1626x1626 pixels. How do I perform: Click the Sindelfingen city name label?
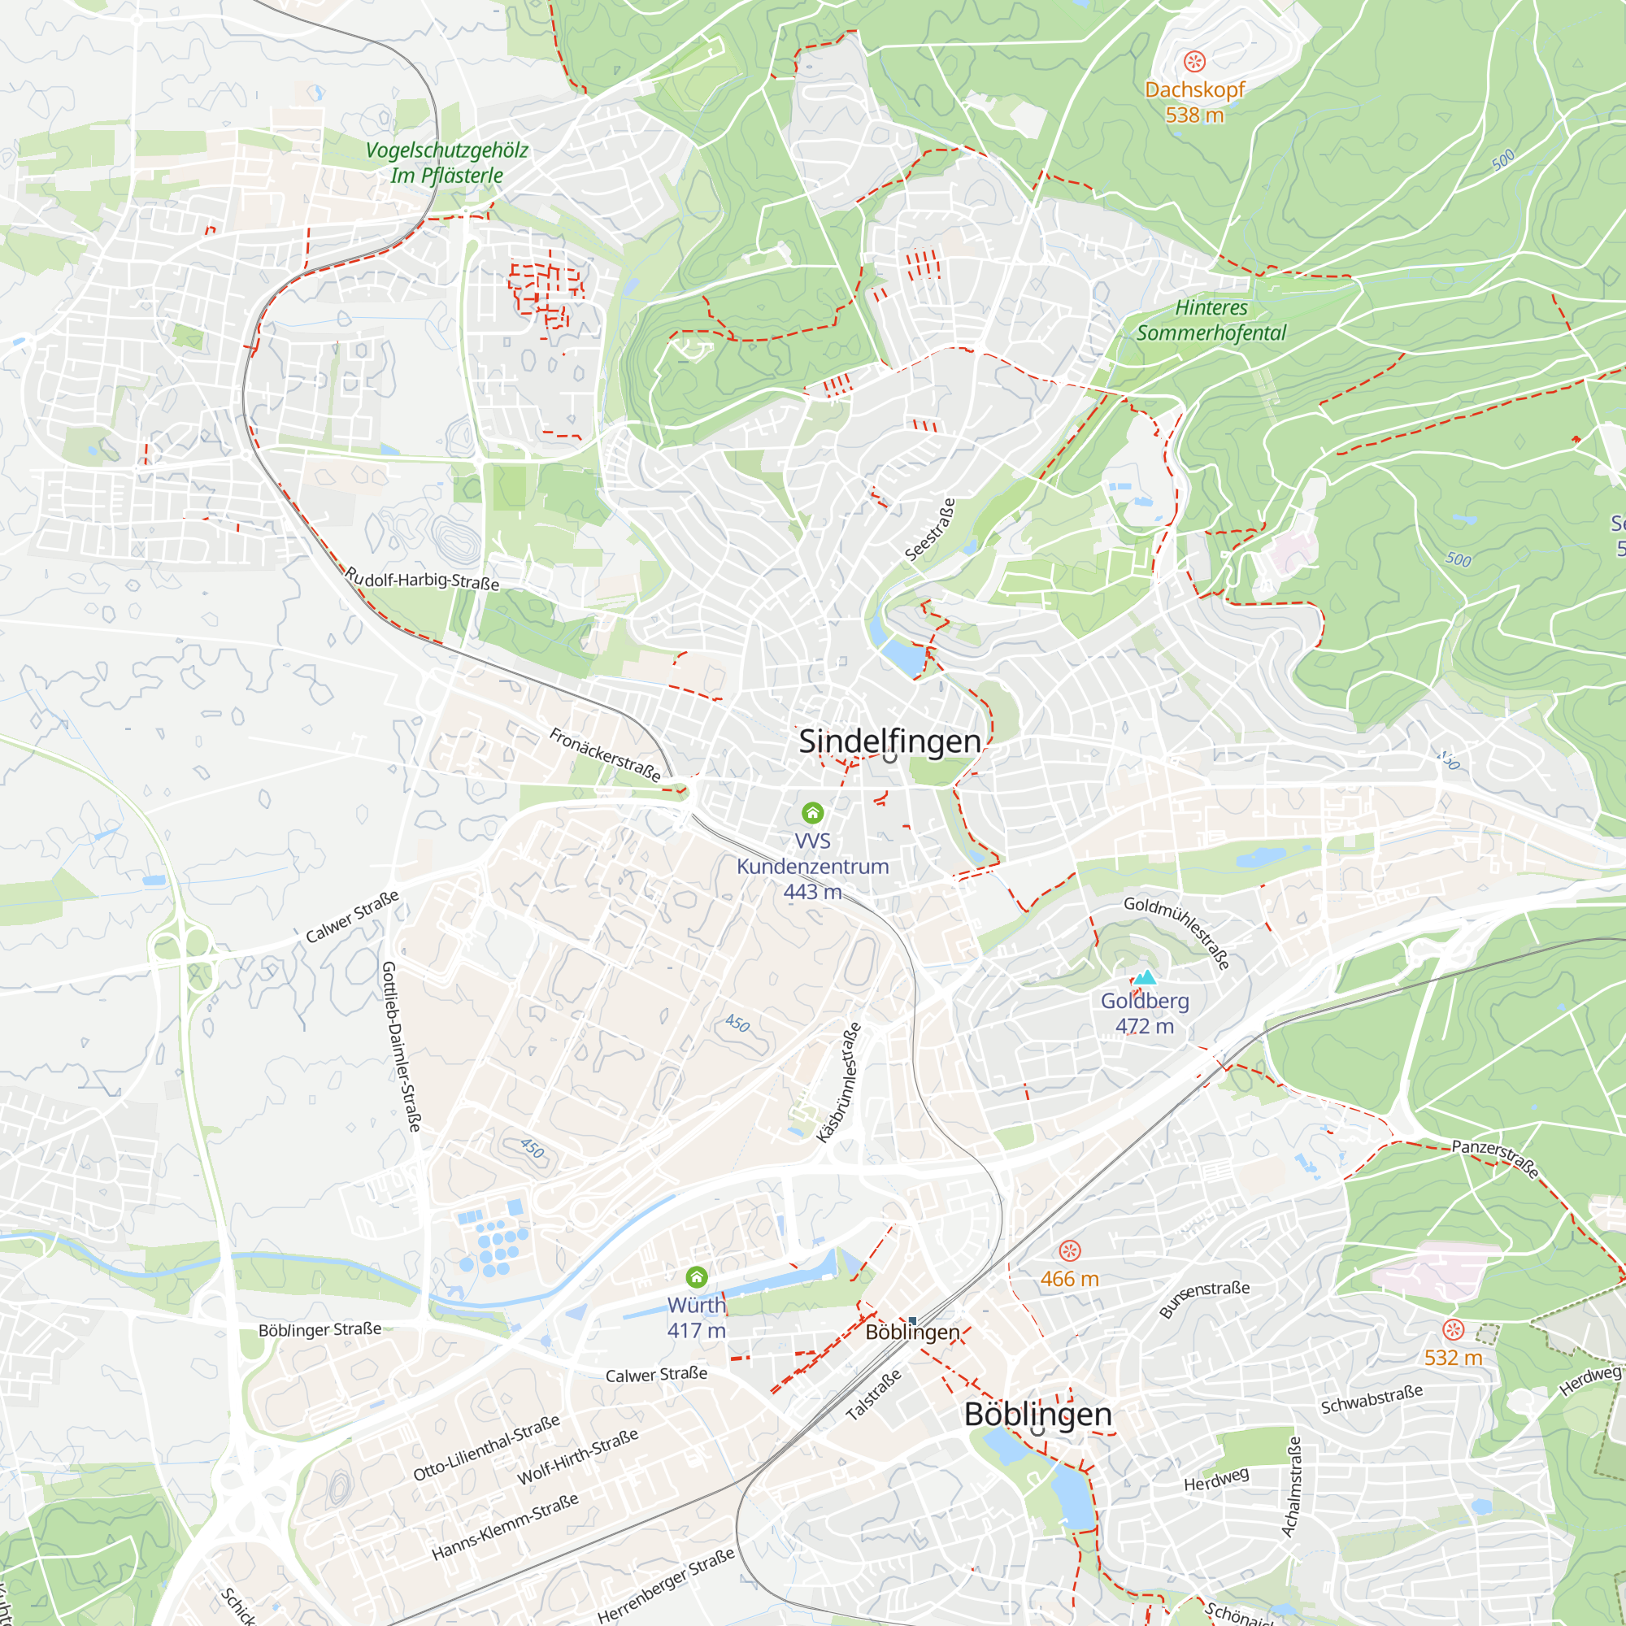click(889, 741)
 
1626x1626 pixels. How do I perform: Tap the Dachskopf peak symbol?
click(1194, 62)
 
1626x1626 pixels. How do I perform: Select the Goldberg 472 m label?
click(1145, 1013)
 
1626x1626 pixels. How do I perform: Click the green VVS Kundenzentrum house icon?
click(812, 812)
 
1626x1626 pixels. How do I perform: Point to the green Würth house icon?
click(696, 1277)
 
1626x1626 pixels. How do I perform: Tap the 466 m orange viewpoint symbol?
click(1069, 1250)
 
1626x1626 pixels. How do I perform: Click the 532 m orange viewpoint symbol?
click(1454, 1330)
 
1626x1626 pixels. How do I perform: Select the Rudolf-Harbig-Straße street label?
click(422, 579)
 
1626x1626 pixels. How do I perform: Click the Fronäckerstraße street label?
click(605, 755)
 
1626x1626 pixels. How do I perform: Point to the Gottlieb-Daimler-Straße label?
click(401, 1046)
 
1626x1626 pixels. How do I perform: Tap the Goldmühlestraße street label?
click(1177, 933)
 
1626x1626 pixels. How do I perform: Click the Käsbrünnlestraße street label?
click(839, 1082)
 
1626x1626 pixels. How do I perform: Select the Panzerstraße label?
click(1496, 1158)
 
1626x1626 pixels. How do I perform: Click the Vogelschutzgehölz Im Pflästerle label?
click(447, 163)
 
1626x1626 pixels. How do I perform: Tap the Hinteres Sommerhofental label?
click(1211, 320)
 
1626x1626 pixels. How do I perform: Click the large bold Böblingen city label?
click(1037, 1414)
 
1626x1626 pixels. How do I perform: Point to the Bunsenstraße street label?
click(1204, 1299)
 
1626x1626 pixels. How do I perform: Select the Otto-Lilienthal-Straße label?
click(486, 1448)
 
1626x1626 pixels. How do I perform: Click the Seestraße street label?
click(930, 529)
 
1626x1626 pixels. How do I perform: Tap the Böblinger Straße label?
click(320, 1330)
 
